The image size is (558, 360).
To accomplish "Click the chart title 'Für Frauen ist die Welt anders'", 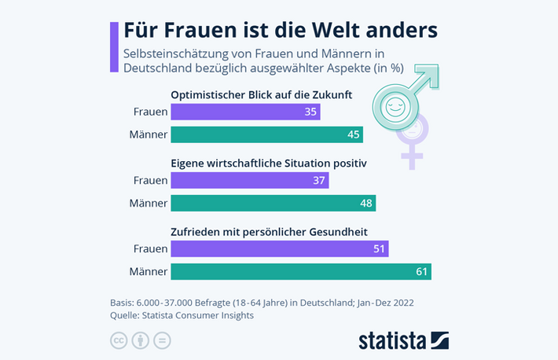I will [280, 30].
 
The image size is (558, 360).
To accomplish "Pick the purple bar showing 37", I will [250, 181].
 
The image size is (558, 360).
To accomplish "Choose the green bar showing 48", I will [273, 203].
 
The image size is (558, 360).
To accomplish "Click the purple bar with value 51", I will [280, 249].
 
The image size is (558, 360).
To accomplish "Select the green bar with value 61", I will [301, 272].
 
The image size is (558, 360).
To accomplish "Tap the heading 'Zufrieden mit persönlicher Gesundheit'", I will [269, 232].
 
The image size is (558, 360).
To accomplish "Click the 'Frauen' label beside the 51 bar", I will [150, 249].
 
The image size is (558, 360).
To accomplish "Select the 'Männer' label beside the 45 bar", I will [149, 134].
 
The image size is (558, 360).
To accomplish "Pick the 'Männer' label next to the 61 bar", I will [149, 272].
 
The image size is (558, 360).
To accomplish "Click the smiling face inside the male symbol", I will [392, 106].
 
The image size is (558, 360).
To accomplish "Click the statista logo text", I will [392, 340].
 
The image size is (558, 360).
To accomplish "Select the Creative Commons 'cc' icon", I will [118, 340].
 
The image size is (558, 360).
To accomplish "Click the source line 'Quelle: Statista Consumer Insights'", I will [182, 315].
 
